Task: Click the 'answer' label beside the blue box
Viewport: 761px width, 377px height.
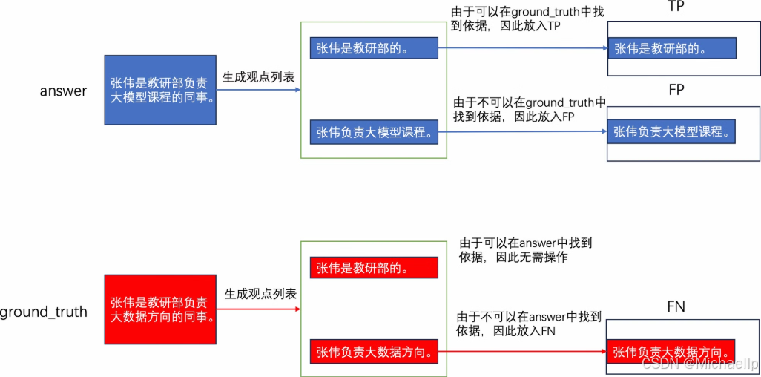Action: point(63,92)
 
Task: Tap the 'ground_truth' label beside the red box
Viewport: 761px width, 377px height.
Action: point(43,312)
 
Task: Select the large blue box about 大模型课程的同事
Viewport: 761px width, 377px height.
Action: point(160,90)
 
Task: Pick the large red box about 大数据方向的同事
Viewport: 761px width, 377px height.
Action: point(160,309)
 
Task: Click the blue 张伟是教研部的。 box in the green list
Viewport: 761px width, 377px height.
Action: point(374,49)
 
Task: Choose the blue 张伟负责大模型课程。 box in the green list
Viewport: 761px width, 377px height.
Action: point(374,133)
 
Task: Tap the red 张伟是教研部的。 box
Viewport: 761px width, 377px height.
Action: point(374,268)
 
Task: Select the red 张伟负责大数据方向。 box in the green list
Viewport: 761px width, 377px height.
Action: point(374,351)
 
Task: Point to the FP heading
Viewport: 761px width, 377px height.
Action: point(676,90)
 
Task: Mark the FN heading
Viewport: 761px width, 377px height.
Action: point(676,306)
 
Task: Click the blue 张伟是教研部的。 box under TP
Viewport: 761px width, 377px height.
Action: point(672,49)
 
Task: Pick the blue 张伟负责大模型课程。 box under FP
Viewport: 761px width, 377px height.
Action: point(672,132)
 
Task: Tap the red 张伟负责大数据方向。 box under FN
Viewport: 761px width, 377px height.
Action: point(672,352)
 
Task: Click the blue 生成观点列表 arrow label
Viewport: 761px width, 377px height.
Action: point(259,76)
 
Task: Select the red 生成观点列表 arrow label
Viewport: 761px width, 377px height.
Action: point(260,294)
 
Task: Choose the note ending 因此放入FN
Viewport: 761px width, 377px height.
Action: point(519,323)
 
